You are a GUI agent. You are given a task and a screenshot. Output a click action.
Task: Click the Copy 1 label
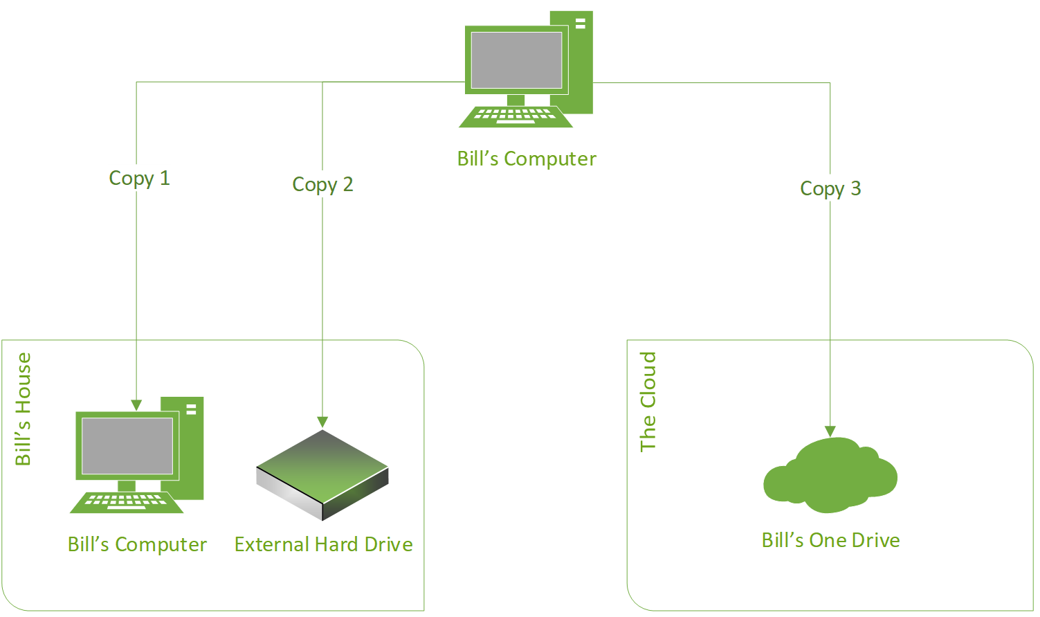coord(139,178)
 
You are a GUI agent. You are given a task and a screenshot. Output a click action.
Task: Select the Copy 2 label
coord(322,184)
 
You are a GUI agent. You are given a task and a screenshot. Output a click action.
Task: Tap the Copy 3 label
coord(830,188)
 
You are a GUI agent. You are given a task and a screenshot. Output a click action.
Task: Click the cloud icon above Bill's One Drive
coord(830,476)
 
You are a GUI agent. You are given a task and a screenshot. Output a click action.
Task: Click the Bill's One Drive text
coord(830,540)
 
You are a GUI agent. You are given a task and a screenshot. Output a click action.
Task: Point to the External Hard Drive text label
coord(323,544)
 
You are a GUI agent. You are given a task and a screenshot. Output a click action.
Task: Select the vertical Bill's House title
coord(24,409)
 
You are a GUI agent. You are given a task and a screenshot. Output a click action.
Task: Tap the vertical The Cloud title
coord(648,402)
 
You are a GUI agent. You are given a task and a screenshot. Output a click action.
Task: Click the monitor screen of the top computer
coord(516,60)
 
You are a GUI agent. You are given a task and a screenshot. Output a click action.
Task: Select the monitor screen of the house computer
coord(127,446)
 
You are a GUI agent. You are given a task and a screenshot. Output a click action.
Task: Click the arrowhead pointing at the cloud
coord(830,431)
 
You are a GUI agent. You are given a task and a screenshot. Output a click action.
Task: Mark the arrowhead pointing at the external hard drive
coord(322,422)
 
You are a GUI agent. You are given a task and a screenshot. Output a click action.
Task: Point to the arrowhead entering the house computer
coord(136,405)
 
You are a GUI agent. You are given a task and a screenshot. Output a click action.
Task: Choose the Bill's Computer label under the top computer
coord(526,159)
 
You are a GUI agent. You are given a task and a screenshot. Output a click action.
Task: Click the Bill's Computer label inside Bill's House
coord(137,544)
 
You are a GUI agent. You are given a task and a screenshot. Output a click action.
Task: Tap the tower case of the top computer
coord(581,69)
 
